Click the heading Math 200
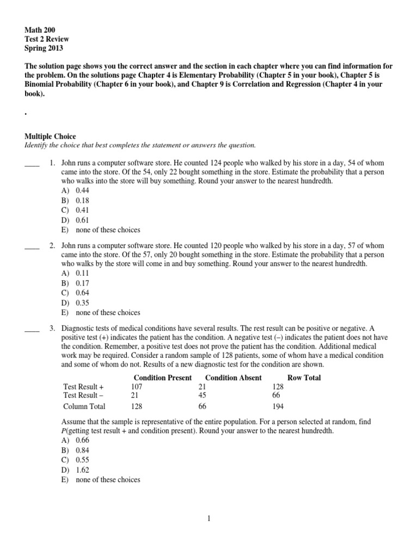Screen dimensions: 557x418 tap(40, 29)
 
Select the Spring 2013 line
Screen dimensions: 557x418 tap(44, 48)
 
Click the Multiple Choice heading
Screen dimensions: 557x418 tap(51, 136)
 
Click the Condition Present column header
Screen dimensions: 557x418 tap(162, 377)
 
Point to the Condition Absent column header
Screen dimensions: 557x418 tap(233, 377)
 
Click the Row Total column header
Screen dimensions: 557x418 tap(304, 377)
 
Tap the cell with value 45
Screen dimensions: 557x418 tap(203, 395)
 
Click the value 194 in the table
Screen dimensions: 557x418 tap(278, 406)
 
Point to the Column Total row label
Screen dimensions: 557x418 tap(84, 406)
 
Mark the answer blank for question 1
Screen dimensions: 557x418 tap(32, 164)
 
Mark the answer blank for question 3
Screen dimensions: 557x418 tap(32, 329)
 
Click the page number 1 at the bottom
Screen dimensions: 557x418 tap(208, 519)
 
